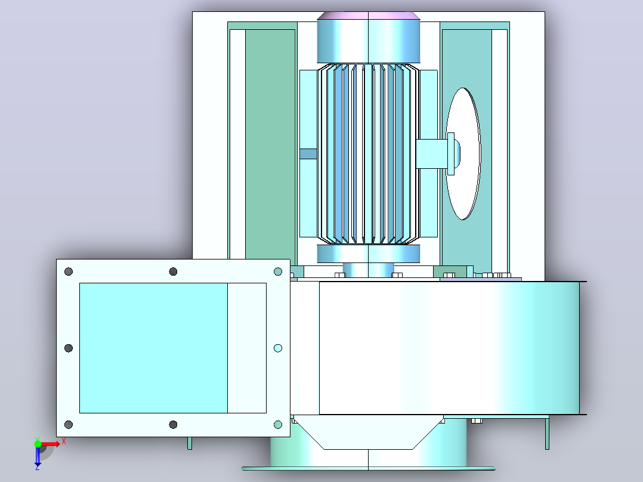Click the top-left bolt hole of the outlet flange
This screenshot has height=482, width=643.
pos(69,271)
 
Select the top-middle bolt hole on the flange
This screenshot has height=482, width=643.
pos(173,271)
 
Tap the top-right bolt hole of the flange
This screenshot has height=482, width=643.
pos(277,271)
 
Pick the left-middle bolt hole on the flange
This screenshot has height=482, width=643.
pos(69,348)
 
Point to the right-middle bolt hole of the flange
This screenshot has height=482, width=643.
pos(277,348)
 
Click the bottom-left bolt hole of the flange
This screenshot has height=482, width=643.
pos(69,425)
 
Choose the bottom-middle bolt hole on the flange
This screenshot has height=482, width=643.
pos(173,425)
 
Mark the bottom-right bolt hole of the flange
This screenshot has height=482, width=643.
pos(277,425)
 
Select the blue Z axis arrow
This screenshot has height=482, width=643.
pos(38,456)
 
